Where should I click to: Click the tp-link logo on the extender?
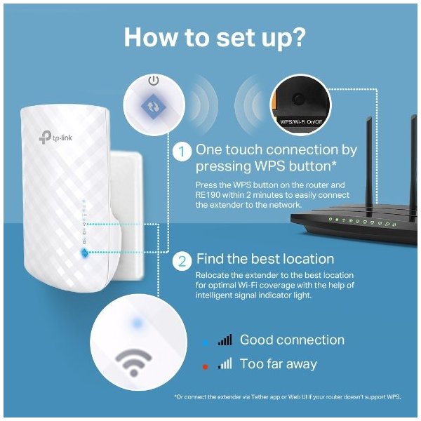coord(55,137)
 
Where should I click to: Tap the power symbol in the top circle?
coord(154,80)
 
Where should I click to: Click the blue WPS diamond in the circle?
coord(154,107)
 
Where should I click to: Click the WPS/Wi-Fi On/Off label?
coord(301,121)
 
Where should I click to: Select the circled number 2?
coord(182,261)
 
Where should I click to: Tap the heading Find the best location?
coord(265,259)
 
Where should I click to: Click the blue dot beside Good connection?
coord(206,342)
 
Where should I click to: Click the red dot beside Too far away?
coord(205,366)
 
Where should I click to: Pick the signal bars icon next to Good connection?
coord(225,340)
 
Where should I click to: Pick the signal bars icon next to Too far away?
coord(225,363)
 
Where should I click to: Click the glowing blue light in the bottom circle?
coord(138,323)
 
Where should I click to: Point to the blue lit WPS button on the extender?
coord(84,253)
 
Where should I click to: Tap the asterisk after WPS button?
coord(334,163)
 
